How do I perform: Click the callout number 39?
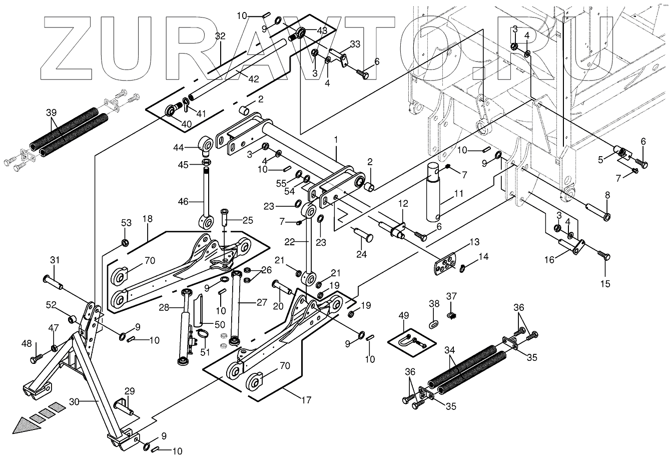tap(51, 113)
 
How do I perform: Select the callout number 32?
tap(220, 36)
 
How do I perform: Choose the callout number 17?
tap(306, 400)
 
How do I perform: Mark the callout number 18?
tap(148, 219)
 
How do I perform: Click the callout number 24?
tap(361, 254)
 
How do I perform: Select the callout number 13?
tap(474, 242)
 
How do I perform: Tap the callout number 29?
tap(129, 390)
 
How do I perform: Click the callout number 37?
tap(451, 296)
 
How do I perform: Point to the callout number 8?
tap(607, 194)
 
